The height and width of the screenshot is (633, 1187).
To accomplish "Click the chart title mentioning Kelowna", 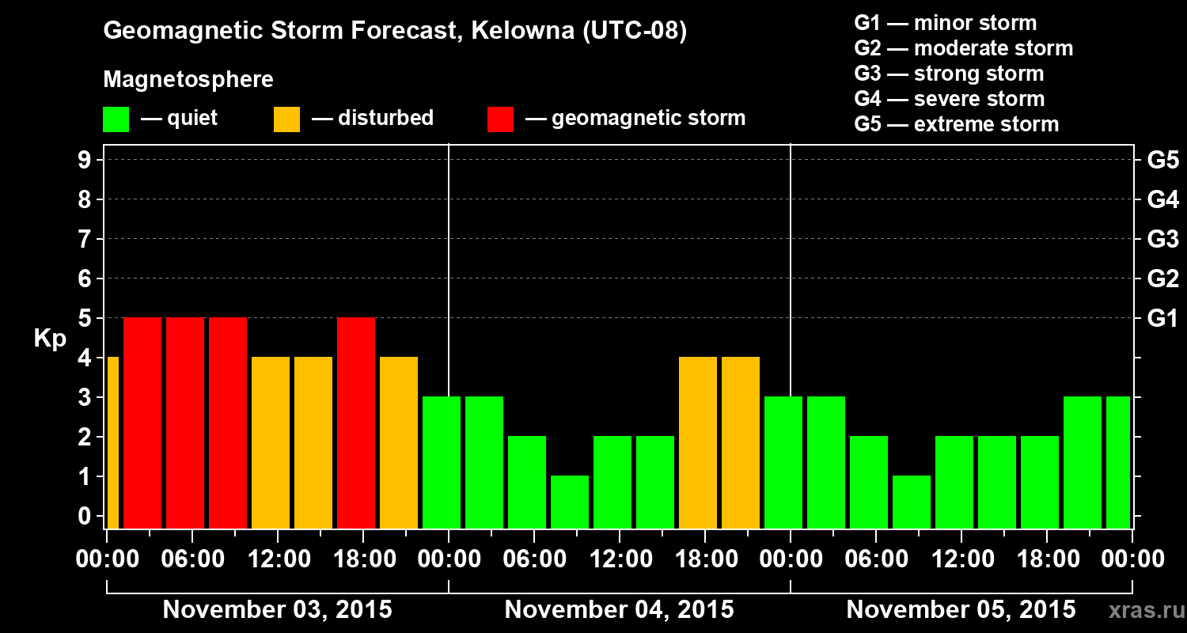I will click(x=395, y=31).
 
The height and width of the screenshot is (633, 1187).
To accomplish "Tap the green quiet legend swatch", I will click(x=116, y=119).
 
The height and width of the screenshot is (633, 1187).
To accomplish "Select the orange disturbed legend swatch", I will click(x=286, y=119).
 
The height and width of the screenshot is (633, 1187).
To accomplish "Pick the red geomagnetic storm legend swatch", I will click(x=500, y=119).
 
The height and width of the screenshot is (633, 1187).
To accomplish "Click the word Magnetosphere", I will click(x=188, y=80).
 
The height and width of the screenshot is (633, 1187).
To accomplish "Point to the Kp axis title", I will click(x=50, y=339).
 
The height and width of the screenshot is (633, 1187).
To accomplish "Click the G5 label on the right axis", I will click(x=1162, y=161).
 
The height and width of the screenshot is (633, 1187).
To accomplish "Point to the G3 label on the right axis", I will click(x=1162, y=240).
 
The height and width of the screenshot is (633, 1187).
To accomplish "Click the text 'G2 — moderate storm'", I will click(x=963, y=48).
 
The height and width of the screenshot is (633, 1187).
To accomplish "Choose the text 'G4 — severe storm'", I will click(x=949, y=99).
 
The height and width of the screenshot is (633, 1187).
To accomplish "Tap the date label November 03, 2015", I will click(x=277, y=610).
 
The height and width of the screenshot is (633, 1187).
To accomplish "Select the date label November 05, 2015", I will click(x=961, y=610).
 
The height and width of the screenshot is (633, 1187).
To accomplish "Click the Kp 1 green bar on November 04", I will click(x=570, y=502).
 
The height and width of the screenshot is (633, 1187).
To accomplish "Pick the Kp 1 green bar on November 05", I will click(x=912, y=502).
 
